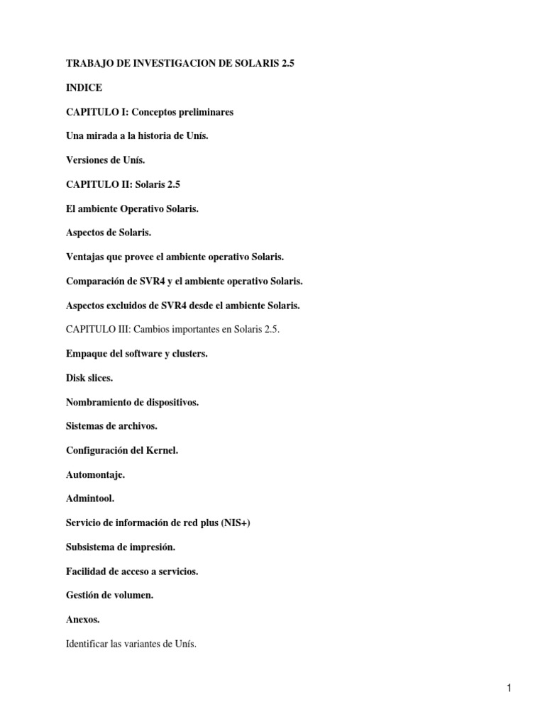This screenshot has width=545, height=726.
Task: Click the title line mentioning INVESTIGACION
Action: point(180,63)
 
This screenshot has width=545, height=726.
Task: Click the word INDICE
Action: point(84,88)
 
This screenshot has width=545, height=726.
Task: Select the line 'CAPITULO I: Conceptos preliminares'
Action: point(150,112)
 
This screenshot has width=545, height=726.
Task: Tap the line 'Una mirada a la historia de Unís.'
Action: point(137,136)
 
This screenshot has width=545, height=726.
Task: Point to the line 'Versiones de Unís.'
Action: point(105,160)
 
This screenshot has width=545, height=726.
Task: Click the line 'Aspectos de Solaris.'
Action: point(109,233)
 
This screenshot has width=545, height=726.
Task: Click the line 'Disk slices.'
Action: point(89,378)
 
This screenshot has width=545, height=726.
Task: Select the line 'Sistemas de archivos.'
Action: point(111,426)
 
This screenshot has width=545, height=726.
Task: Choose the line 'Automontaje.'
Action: point(95,474)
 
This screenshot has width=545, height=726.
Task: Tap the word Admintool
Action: point(90,498)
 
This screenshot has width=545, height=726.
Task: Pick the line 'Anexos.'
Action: point(83,620)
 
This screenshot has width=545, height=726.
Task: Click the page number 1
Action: point(509,688)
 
